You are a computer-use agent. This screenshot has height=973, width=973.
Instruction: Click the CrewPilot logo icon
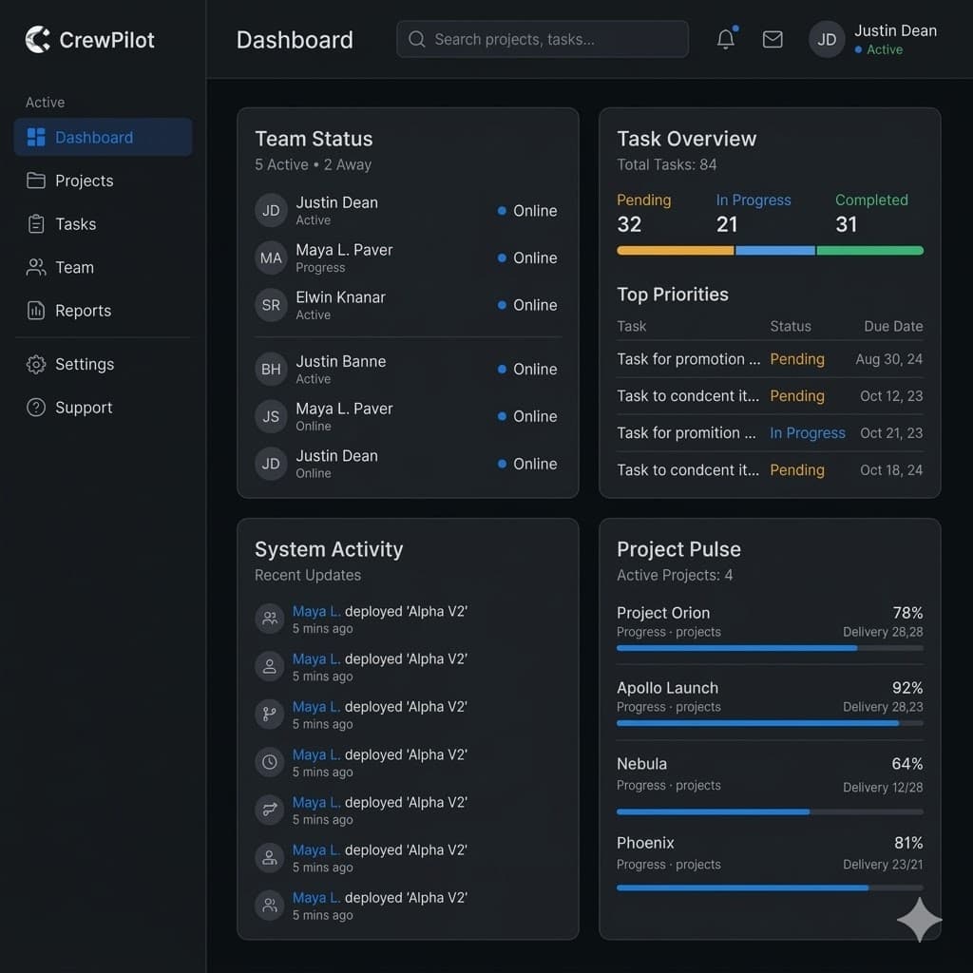point(37,40)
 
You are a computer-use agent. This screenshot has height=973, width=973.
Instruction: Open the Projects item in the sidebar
point(84,181)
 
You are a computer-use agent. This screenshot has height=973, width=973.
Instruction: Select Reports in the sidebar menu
point(83,311)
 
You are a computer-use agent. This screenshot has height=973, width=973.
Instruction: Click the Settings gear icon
point(36,364)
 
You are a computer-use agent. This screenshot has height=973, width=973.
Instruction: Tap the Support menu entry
point(84,408)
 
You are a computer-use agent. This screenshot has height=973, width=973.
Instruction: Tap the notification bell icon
point(725,39)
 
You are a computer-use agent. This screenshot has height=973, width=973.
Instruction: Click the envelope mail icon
point(773,39)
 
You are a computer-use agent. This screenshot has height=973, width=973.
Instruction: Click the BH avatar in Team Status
point(271,369)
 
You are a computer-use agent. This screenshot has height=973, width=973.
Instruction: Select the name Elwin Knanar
point(340,296)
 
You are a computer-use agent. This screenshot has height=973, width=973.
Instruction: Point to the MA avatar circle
point(271,258)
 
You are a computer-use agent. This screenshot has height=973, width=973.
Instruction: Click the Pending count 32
point(629,224)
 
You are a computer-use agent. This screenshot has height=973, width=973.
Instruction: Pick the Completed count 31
point(846,224)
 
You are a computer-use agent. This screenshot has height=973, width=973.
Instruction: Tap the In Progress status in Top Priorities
point(807,432)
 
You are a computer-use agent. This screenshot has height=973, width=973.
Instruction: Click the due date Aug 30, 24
point(888,359)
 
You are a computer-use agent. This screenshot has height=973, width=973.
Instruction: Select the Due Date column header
point(893,326)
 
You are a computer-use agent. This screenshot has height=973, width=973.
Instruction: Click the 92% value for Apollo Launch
point(906,688)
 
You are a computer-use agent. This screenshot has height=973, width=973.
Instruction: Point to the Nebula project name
point(641,764)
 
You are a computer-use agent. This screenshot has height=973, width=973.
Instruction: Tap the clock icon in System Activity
point(270,762)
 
